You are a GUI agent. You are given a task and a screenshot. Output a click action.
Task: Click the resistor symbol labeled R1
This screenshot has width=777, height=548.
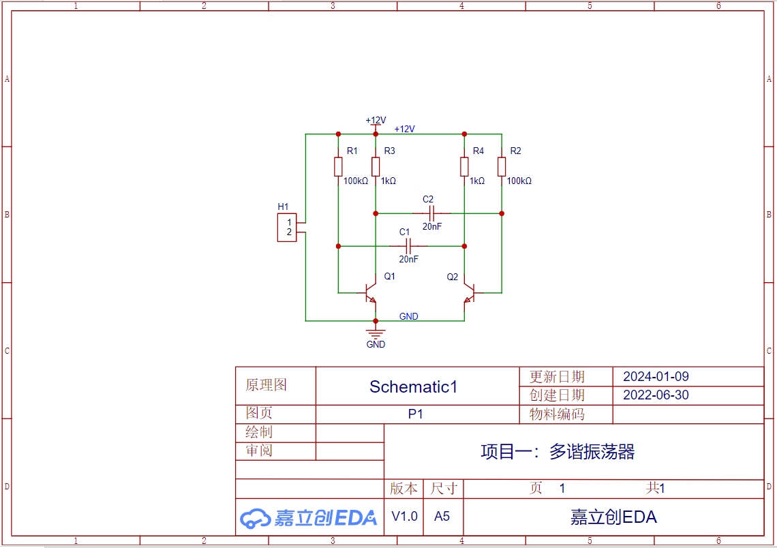point(338,167)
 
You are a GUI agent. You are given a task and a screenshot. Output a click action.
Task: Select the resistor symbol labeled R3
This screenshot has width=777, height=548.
point(376,167)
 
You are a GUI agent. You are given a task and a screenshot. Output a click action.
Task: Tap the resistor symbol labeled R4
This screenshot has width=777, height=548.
point(464,167)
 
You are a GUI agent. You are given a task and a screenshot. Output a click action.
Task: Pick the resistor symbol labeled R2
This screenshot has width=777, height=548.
point(502,167)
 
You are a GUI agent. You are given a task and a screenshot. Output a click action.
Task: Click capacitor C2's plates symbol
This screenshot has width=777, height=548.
point(431,213)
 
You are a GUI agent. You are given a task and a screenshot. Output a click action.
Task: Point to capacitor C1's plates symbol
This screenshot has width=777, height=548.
point(408,246)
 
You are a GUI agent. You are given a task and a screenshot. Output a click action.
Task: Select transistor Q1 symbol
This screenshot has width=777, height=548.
point(370,293)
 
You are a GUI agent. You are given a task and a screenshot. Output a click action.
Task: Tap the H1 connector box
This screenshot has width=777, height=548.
point(287,228)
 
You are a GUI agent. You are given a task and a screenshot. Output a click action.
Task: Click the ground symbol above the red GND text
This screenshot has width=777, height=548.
point(376,333)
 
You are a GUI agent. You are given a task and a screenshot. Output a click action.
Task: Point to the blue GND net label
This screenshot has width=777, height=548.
point(409,316)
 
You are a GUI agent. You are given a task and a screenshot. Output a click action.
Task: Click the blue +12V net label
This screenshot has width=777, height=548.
point(404,129)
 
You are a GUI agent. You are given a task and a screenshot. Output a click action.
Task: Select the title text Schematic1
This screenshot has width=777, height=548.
point(413,386)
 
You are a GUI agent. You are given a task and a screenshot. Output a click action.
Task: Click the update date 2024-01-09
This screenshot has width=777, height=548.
point(656,376)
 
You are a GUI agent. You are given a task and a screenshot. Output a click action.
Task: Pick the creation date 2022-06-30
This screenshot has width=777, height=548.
point(656,395)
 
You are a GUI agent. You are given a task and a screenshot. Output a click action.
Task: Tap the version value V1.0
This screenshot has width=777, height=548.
point(404,516)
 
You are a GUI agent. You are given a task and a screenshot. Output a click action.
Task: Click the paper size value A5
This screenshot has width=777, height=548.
point(442,516)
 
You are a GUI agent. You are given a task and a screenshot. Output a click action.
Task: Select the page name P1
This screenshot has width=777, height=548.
point(415,414)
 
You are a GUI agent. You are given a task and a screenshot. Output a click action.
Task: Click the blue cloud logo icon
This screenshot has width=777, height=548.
point(255,518)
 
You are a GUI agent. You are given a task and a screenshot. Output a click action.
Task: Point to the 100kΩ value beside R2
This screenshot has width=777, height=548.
point(519,181)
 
